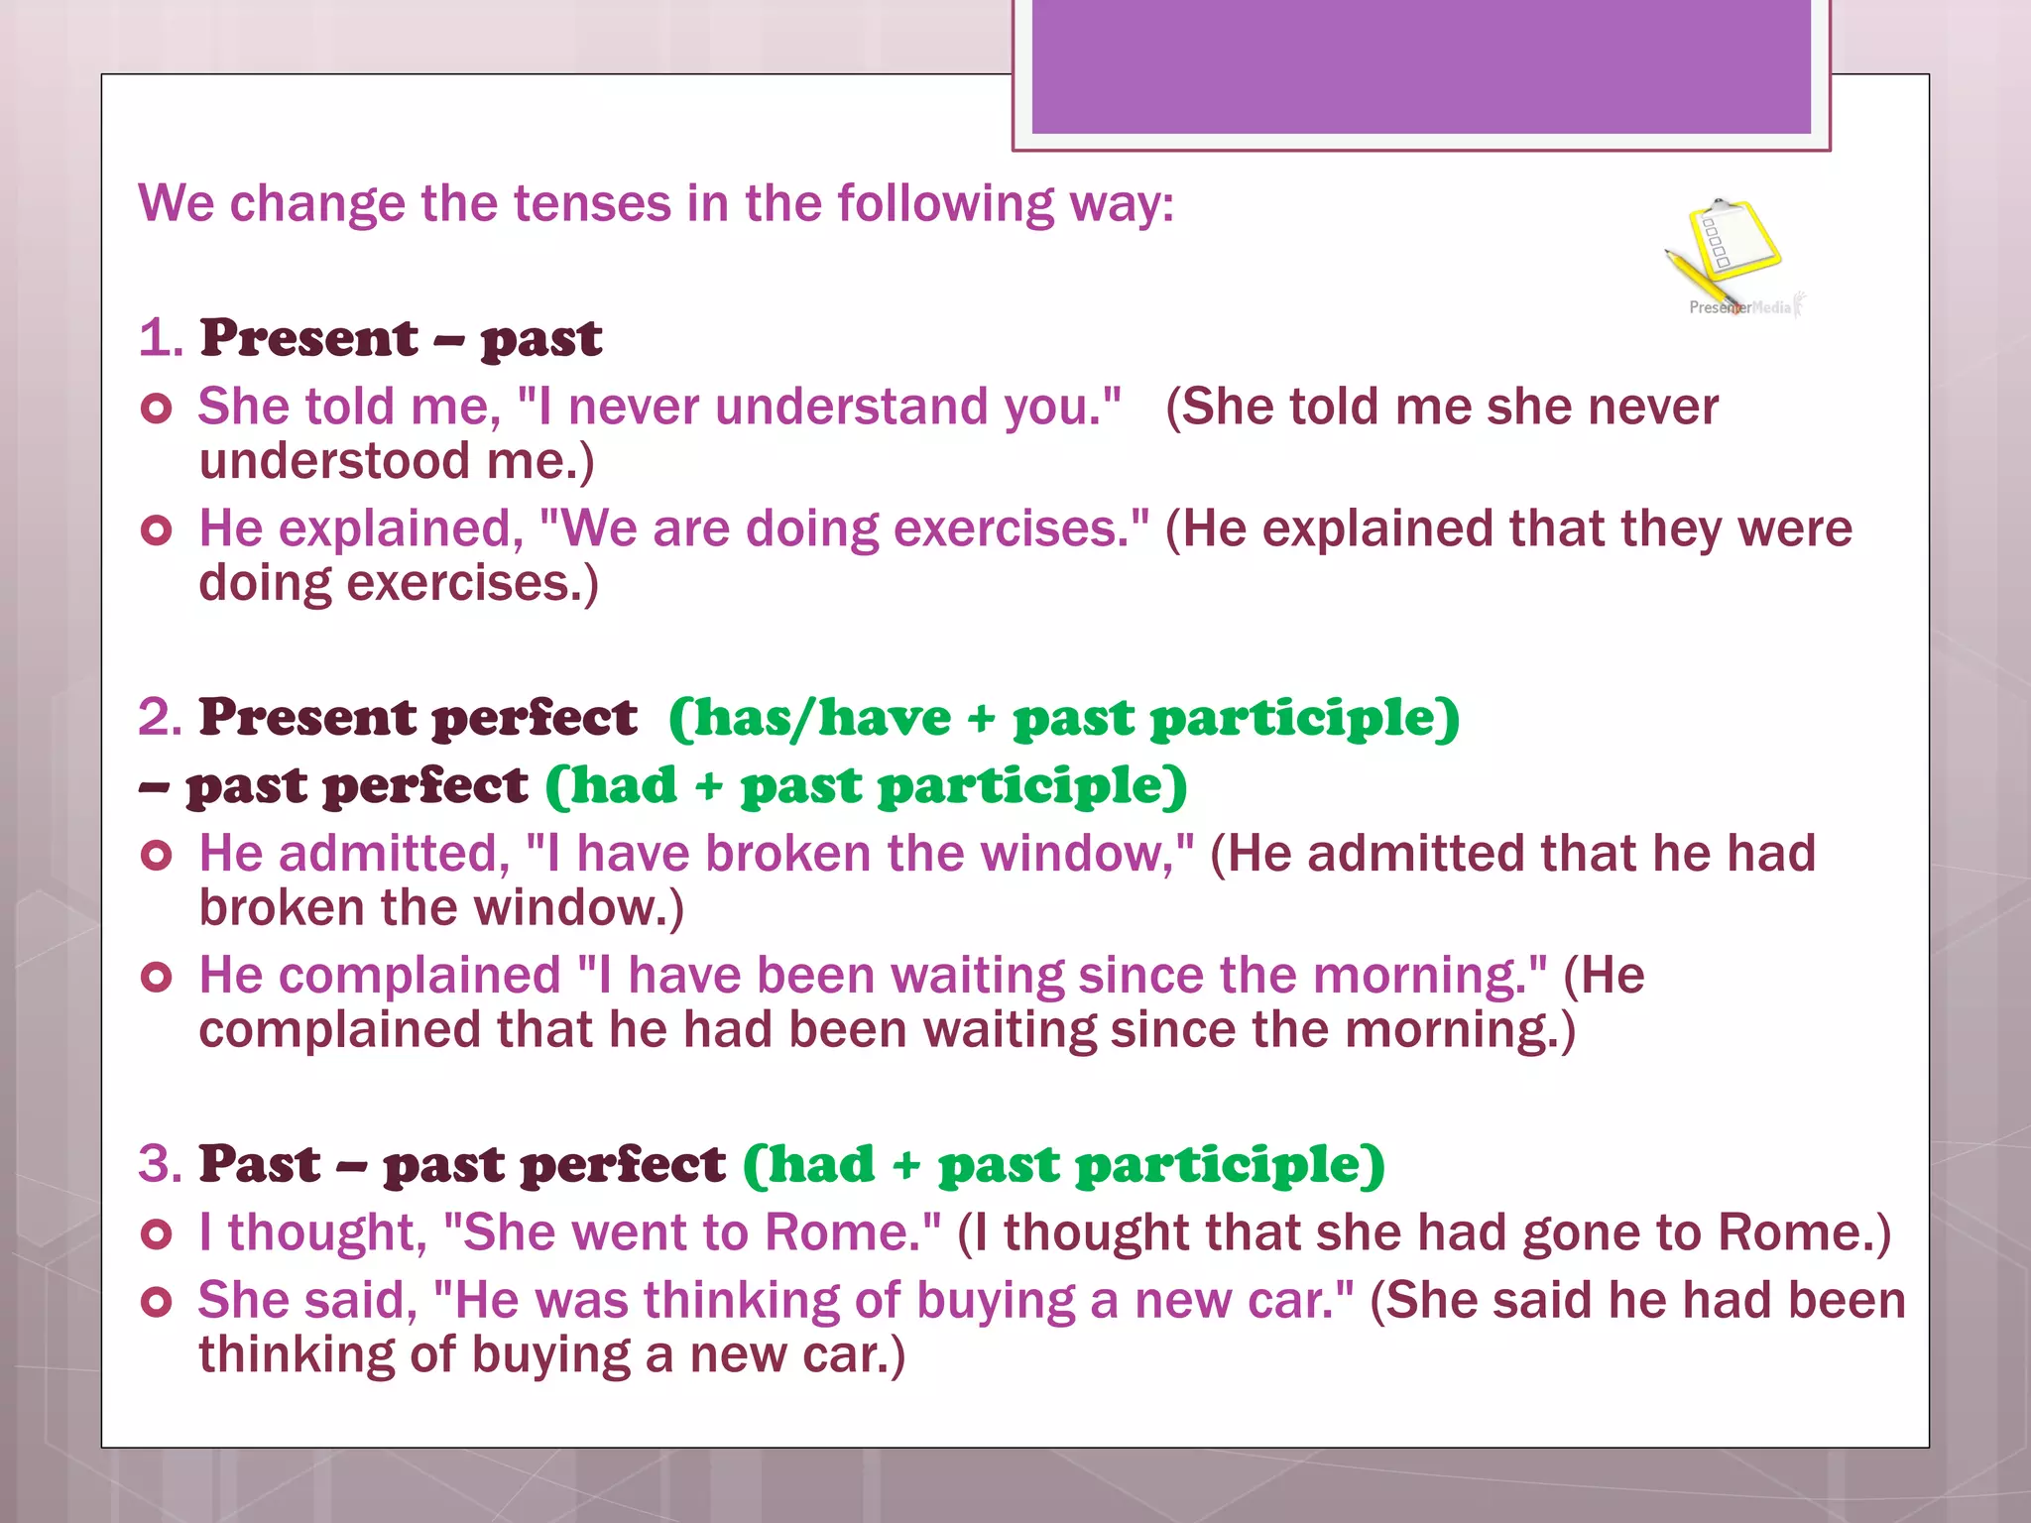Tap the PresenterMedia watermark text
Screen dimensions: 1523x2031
pos(1740,307)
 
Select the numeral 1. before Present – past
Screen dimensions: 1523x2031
pos(161,338)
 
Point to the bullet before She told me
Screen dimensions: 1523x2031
pos(157,408)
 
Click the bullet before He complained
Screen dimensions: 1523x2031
pos(157,977)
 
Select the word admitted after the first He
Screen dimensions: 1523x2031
pos(394,854)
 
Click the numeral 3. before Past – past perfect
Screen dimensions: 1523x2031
pos(161,1164)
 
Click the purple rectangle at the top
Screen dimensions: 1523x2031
pos(1420,65)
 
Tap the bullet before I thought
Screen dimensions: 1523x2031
pos(157,1233)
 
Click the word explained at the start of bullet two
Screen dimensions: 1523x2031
pos(394,528)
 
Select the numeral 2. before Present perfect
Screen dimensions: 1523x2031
pos(161,718)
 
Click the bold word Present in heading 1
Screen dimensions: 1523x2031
pos(308,338)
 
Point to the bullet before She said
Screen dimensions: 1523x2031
pos(157,1301)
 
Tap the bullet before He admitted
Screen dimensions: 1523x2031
pos(157,855)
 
